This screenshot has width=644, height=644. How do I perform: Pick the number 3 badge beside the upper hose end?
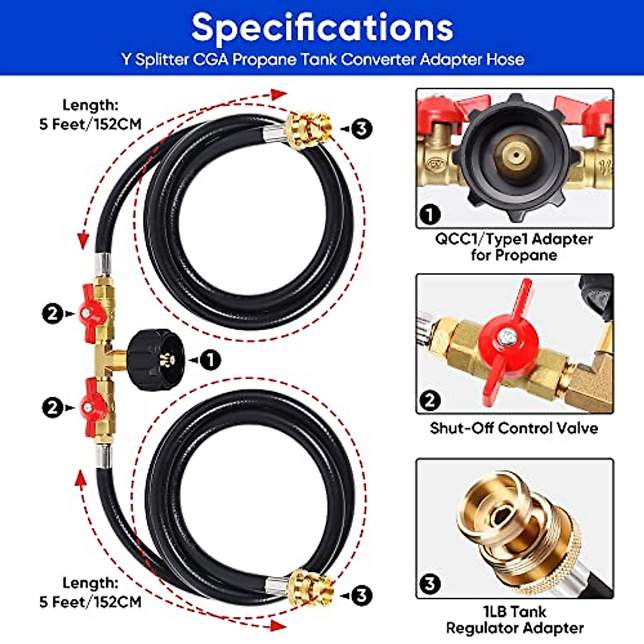coord(362,128)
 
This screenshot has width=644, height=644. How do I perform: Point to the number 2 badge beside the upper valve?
coord(53,313)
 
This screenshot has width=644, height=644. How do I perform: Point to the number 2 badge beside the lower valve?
coord(53,408)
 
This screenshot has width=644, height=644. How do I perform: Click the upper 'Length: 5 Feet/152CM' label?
coord(90,114)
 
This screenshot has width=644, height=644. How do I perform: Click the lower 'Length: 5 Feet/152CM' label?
coord(90,592)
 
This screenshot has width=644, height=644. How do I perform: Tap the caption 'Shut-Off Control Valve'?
coord(514,428)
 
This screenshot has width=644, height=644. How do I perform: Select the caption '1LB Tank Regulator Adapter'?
coord(515,619)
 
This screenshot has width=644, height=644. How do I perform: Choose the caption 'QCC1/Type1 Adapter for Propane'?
coord(514,246)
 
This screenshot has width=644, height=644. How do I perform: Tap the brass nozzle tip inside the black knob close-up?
coord(515,156)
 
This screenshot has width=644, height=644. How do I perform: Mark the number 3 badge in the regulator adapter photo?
coord(430,583)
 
